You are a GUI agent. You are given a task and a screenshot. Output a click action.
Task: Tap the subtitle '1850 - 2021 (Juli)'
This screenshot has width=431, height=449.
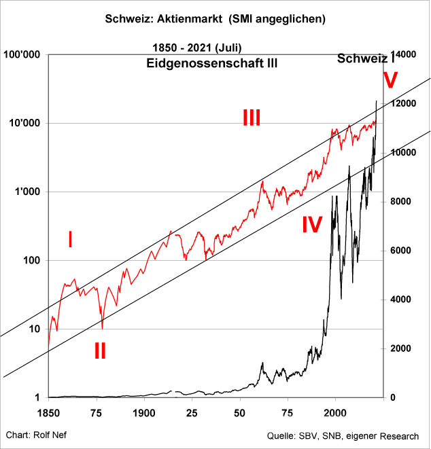point(198,48)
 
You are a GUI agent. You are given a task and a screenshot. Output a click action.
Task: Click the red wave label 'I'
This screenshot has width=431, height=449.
point(70,239)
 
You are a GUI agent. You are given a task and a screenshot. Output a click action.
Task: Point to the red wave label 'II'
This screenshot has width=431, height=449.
point(100,351)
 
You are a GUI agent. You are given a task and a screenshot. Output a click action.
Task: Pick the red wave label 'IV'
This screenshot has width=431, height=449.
point(311,225)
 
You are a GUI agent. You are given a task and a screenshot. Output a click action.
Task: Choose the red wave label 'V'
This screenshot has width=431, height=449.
point(390,81)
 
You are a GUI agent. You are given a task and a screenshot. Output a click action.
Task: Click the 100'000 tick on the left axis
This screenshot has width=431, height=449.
point(22,55)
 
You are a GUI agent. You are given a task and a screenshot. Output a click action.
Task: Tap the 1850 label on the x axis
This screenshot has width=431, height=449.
point(48,412)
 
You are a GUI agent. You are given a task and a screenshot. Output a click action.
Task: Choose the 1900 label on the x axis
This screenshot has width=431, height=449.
point(143,412)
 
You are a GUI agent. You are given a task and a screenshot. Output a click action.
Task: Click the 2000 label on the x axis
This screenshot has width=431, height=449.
point(335,412)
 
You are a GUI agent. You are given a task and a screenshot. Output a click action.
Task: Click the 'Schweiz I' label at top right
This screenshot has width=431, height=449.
point(366,59)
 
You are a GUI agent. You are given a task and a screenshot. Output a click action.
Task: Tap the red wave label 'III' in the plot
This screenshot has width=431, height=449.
point(252,118)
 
